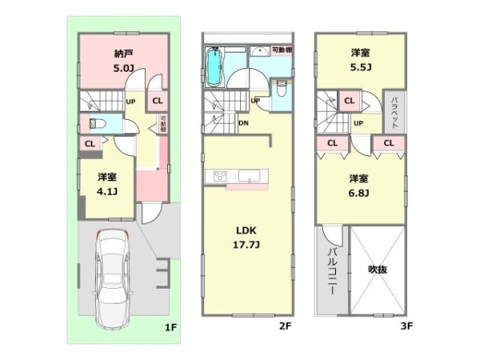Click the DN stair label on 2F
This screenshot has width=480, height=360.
point(244,123)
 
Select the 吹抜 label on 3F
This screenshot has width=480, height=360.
point(378,270)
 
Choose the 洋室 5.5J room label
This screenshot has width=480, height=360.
point(358,60)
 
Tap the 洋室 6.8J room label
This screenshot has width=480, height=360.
point(358,186)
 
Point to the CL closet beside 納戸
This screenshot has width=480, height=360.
point(157,101)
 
